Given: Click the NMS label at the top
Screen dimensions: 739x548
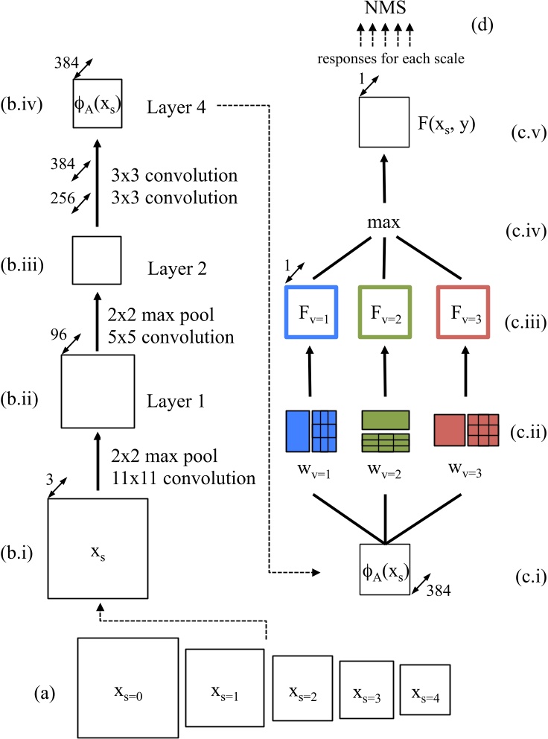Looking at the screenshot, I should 385,10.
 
